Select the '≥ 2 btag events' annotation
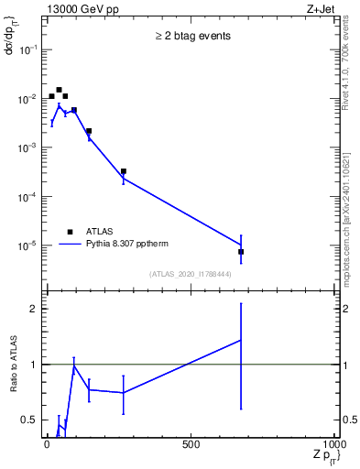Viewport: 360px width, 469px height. point(192,37)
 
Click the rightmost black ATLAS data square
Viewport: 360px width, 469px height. point(241,252)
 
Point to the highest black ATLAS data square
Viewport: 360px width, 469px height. point(59,90)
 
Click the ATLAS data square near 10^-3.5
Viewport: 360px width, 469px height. point(123,171)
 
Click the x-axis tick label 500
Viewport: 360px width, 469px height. point(191,446)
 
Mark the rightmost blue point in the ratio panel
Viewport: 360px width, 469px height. point(241,340)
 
